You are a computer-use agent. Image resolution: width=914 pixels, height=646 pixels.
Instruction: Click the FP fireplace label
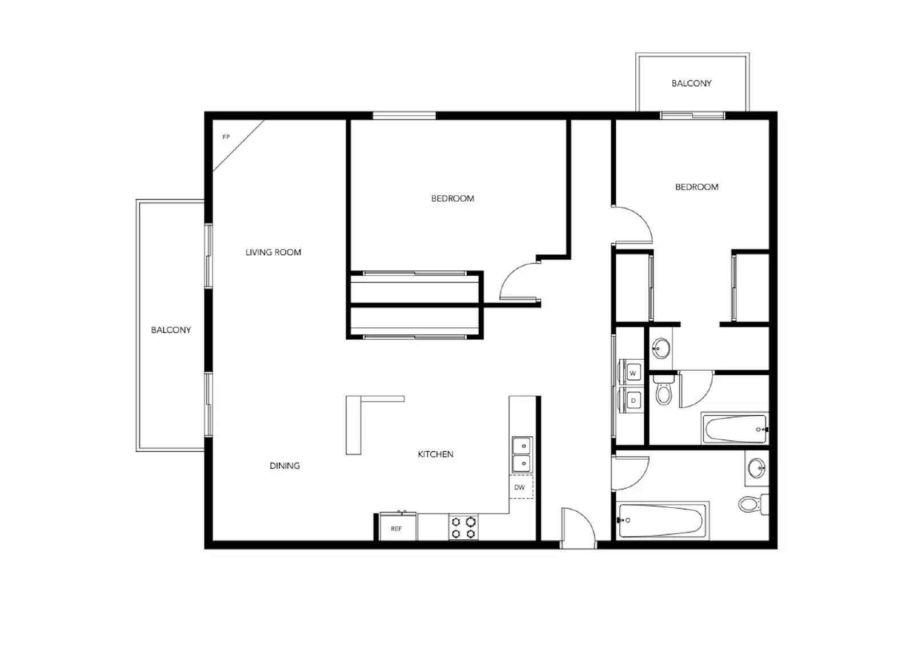coord(226,137)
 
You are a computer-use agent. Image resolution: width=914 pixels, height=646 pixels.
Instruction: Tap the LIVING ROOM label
coord(273,252)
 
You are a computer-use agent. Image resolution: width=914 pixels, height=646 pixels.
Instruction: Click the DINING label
coord(284,466)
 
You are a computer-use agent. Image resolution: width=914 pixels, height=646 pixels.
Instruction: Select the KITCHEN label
coord(435,454)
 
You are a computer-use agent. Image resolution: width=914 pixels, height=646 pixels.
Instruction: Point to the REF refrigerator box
coord(396,528)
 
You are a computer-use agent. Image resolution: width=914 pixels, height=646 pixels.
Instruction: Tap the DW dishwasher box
coord(520,487)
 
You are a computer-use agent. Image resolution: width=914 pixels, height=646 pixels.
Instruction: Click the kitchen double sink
coord(522,455)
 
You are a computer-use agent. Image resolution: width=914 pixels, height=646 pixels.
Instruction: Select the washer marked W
coord(632,373)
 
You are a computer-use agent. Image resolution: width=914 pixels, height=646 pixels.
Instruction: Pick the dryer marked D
coord(632,400)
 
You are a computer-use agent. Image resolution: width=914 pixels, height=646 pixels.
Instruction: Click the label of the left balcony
coord(171,330)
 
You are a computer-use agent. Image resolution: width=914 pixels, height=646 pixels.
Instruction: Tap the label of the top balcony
coord(691,83)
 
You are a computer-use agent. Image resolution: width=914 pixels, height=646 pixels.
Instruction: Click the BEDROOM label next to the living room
coord(452,199)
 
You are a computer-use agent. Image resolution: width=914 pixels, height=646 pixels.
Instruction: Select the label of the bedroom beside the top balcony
coord(696,187)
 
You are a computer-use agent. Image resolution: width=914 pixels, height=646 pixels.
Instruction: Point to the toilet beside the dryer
coord(663,391)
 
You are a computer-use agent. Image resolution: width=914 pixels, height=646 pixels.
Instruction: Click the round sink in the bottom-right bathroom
coord(756,468)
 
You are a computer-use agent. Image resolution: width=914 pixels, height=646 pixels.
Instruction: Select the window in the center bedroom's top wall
coord(404,115)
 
